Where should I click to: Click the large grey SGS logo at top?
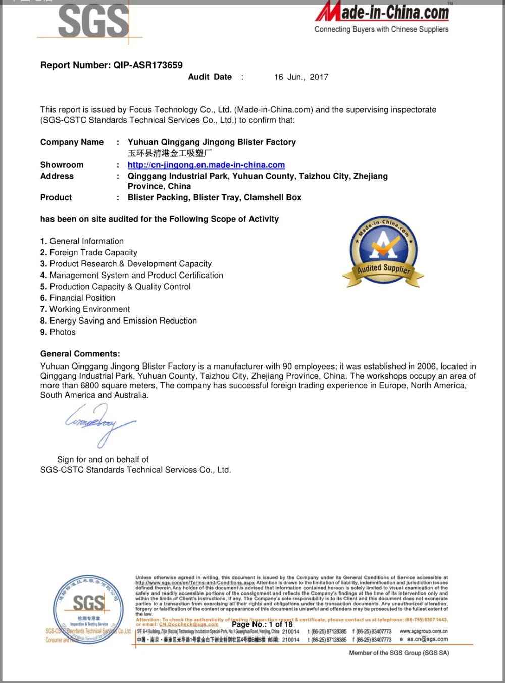point(93,21)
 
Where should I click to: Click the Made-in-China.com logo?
point(382,18)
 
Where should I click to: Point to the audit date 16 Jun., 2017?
point(301,77)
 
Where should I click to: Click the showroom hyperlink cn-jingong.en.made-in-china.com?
point(206,165)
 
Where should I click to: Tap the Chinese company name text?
point(170,153)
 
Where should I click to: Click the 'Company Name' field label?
point(72,142)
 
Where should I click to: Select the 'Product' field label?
point(56,197)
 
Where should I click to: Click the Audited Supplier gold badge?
point(383,252)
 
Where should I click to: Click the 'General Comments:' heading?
point(80,354)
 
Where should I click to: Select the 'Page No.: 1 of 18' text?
point(262,624)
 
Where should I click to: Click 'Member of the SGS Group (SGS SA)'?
point(399,653)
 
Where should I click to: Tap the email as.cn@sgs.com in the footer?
point(427,639)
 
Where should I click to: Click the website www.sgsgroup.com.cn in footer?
point(424,631)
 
